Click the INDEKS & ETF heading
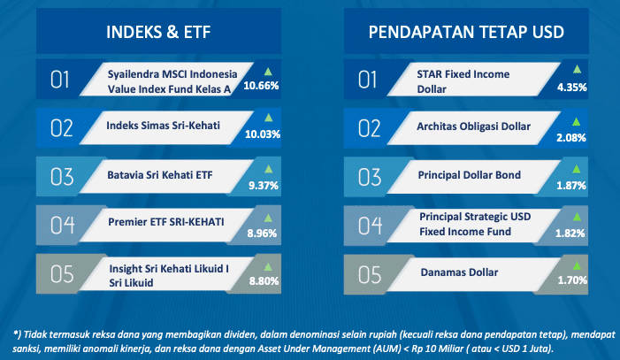158,32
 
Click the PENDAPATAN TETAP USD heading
466,32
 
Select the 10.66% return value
261,86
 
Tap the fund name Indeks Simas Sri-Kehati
163,126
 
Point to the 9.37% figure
264,186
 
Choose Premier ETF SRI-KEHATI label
166,222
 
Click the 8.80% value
264,281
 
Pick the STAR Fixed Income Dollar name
463,81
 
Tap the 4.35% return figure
571,88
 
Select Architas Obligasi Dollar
474,126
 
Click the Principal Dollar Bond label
470,175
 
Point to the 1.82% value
570,234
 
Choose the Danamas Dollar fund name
459,272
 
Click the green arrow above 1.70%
577,265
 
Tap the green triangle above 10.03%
269,118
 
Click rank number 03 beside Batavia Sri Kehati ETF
62,177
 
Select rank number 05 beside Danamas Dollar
370,275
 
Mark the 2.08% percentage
571,138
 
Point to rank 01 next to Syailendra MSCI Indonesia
60,80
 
